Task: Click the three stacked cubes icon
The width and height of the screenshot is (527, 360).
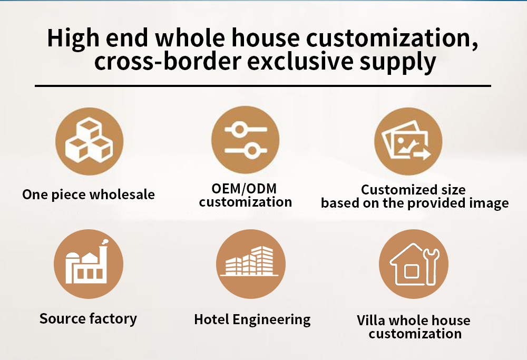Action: pos(89,141)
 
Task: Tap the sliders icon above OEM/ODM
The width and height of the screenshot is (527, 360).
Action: pos(246,140)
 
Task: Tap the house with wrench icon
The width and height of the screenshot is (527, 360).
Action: pos(414,264)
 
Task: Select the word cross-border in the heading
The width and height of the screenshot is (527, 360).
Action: pos(168,62)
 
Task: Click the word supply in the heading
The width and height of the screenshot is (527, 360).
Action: pos(398,63)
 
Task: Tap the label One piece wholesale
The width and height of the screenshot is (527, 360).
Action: pos(89,194)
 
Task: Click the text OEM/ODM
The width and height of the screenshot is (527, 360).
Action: pos(245,189)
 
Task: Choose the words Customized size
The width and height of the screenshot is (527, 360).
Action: pos(413,190)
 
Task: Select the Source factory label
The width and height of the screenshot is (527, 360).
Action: pos(88,319)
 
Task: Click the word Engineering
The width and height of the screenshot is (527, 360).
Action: pos(271,320)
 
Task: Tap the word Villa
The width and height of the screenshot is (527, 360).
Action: pos(371,320)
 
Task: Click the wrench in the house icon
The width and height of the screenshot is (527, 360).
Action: pos(432,266)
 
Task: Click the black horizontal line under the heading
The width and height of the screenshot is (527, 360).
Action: pos(263,86)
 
